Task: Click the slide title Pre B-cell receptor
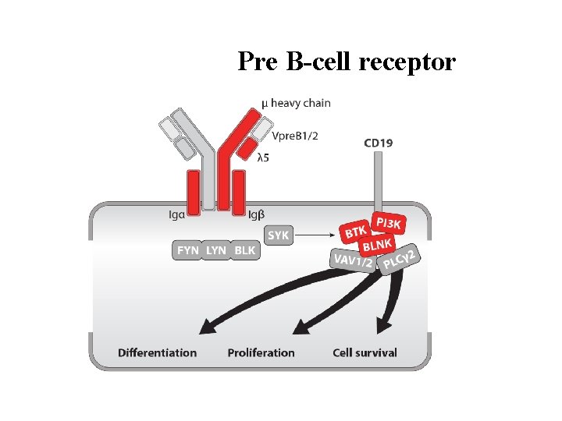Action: pos(346,61)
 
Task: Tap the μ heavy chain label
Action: pos(296,103)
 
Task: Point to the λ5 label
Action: pos(265,157)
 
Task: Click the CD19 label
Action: pos(379,142)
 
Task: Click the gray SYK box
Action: pos(279,235)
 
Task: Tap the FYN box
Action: pos(187,250)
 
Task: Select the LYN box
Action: pos(216,250)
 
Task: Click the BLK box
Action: pos(244,250)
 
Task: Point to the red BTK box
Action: pos(356,232)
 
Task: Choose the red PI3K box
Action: pos(388,224)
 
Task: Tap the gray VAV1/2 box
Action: pos(353,261)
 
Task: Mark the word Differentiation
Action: pos(157,352)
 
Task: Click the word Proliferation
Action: pos(261,352)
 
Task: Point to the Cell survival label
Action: pos(365,352)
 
